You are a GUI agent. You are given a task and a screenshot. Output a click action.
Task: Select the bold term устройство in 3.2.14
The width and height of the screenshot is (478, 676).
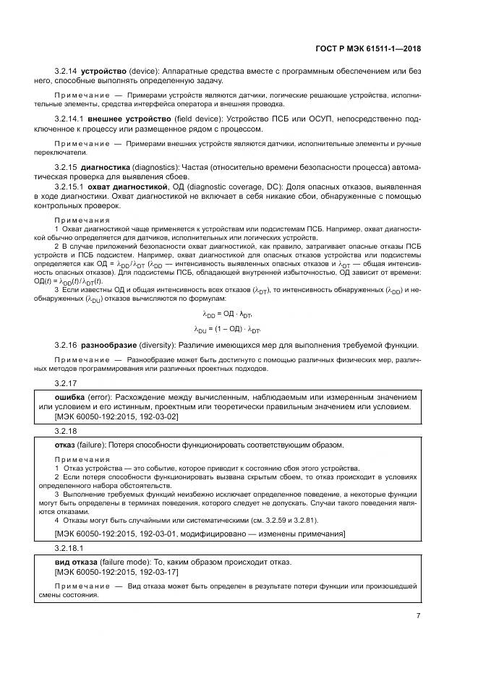tap(103, 72)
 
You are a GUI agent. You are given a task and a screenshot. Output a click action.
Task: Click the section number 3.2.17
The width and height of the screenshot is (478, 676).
tap(65, 382)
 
